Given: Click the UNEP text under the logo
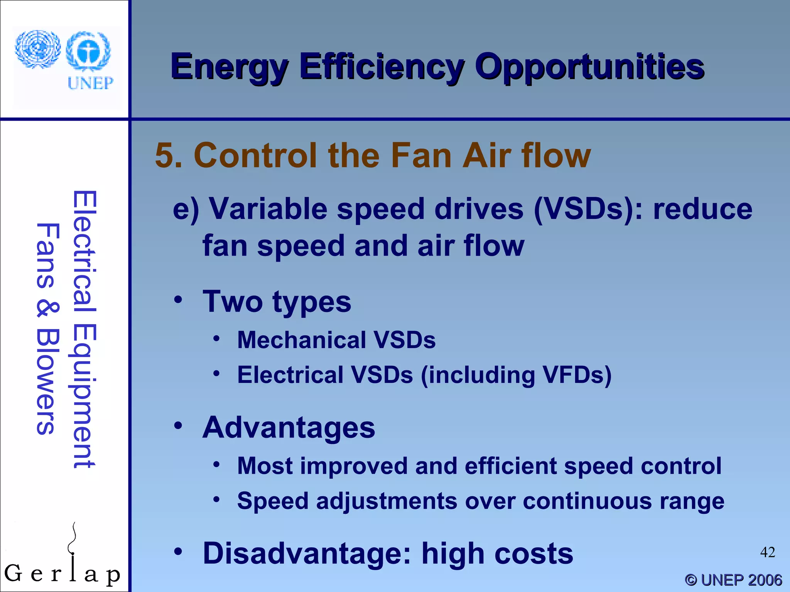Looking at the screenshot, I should [x=91, y=83].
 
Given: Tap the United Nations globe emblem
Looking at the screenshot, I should [x=38, y=49].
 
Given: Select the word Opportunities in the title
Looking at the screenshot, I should [x=589, y=67].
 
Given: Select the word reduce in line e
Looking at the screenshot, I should [x=702, y=209].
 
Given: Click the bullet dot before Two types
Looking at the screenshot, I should [x=178, y=299].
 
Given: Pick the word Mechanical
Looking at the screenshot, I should [x=301, y=340].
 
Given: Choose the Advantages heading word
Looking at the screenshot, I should [x=289, y=428].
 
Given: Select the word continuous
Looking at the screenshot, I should [x=587, y=501].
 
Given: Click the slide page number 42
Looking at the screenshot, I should [x=767, y=552].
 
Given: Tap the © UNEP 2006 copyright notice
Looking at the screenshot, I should [x=733, y=580].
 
